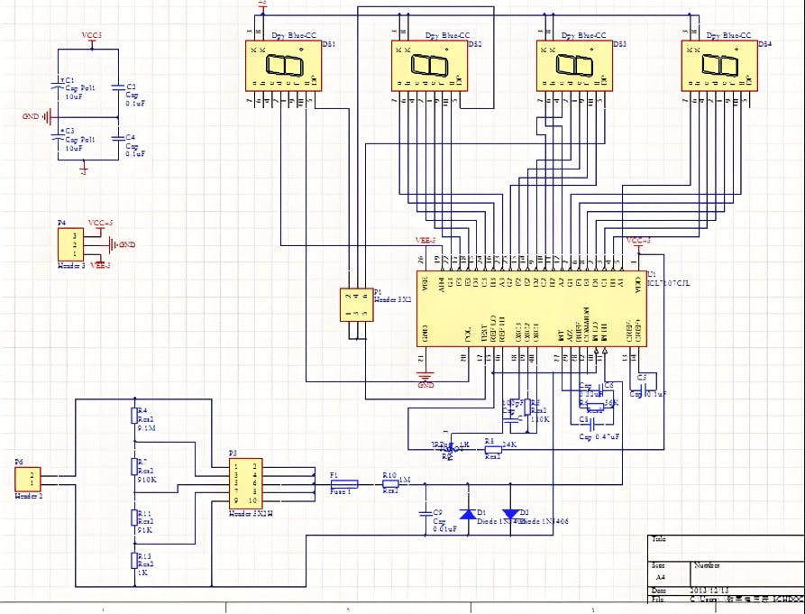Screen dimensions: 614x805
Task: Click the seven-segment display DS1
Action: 283,66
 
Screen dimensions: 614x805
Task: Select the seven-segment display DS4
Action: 718,66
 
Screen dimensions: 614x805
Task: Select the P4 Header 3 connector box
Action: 71,244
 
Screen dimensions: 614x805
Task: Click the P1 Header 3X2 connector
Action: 356,305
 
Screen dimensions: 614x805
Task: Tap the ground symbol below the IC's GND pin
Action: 426,375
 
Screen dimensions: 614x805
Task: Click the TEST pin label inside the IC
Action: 482,334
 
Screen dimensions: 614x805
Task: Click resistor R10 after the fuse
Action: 390,484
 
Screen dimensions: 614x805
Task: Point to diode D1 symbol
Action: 467,514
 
